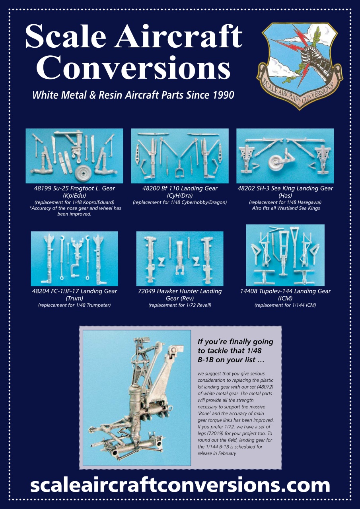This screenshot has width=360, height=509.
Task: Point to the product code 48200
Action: (151, 188)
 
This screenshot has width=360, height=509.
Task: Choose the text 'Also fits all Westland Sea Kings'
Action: (286, 208)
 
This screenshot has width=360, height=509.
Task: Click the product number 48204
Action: (41, 291)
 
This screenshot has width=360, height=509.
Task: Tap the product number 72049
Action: (147, 291)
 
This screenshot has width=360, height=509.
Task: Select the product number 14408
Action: (250, 291)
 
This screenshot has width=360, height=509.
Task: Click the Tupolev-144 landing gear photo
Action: (285, 255)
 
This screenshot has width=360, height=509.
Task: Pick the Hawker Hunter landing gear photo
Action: (179, 258)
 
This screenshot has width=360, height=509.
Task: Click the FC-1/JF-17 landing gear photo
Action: (74, 258)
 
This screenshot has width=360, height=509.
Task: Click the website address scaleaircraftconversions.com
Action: (180, 485)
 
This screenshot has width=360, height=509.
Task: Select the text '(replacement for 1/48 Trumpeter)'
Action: (74, 305)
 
